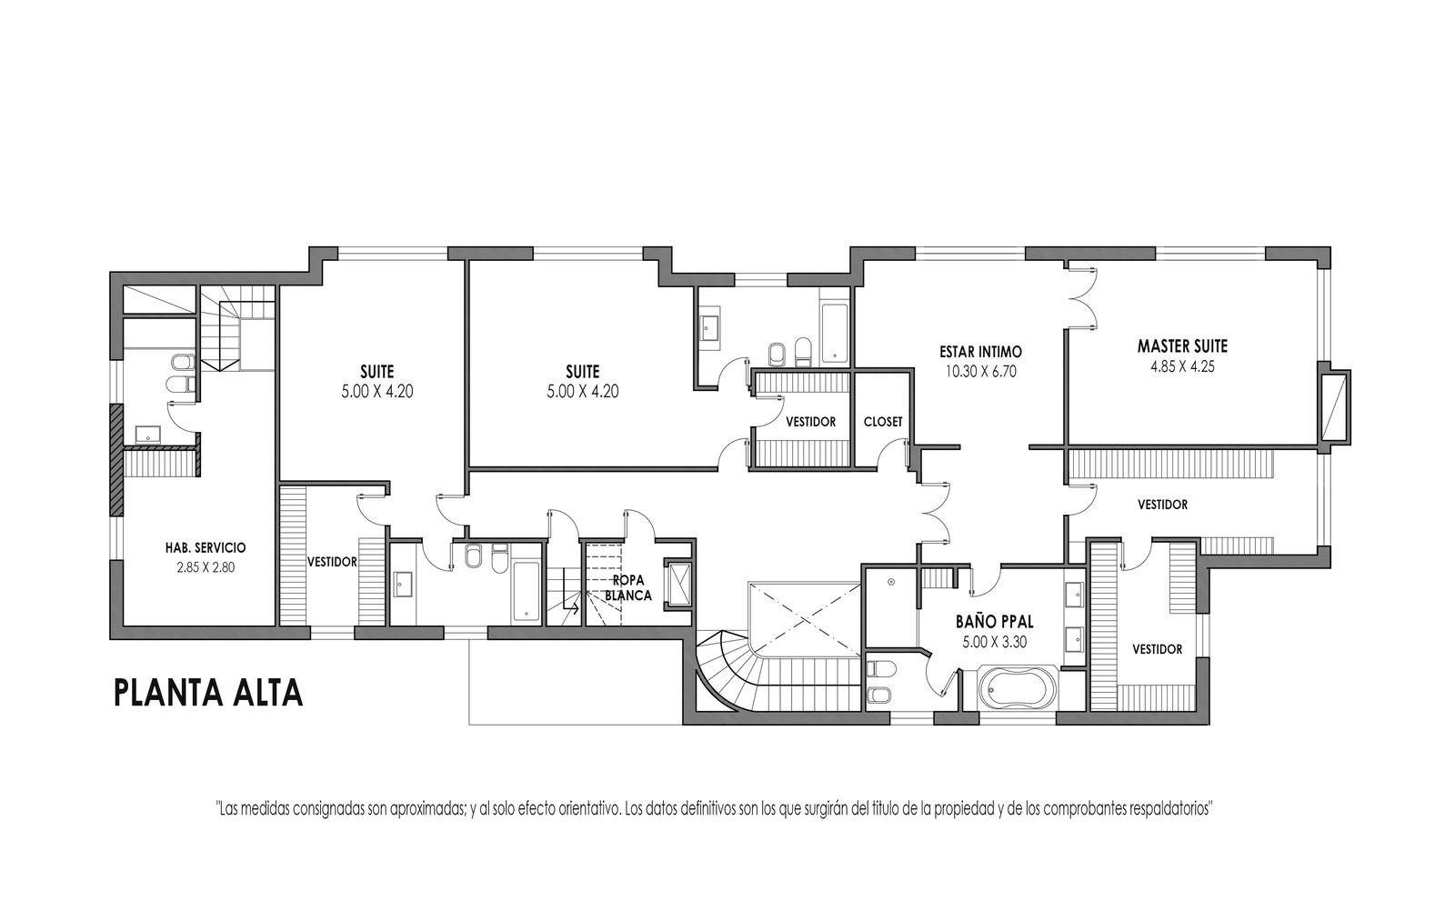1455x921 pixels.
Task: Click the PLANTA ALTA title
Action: click(208, 693)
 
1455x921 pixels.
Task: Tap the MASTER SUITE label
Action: click(1182, 346)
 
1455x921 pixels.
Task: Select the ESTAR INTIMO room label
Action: click(981, 352)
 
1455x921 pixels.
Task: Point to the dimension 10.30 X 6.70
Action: click(981, 372)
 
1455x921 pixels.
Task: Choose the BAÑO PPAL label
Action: click(995, 622)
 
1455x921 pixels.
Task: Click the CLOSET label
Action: click(883, 422)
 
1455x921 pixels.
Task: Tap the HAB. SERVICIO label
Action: click(206, 548)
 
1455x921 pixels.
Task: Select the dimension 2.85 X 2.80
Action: click(206, 567)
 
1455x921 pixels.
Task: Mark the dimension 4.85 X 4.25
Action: click(1182, 366)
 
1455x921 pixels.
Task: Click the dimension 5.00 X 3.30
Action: click(995, 643)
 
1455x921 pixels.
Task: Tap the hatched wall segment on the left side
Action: click(116, 460)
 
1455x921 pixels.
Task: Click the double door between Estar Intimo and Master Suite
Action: click(1080, 297)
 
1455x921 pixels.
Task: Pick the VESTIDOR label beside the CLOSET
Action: click(810, 422)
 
